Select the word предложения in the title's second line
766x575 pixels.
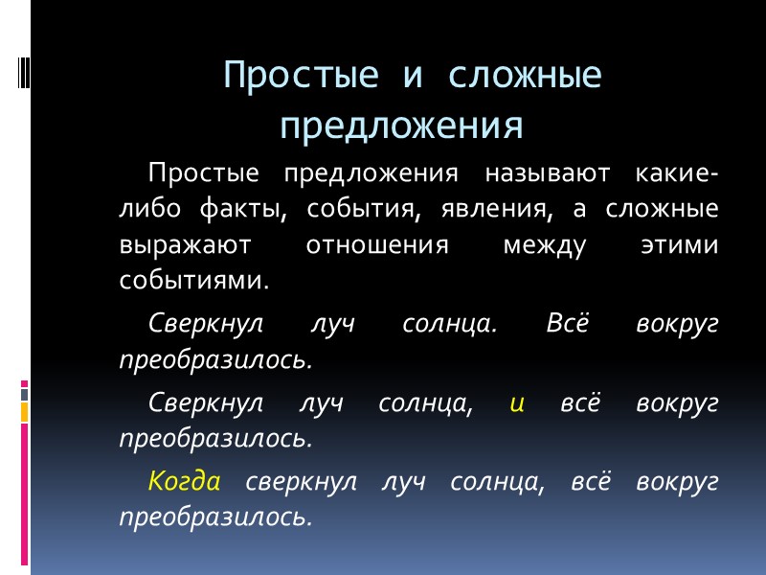pyautogui.click(x=402, y=126)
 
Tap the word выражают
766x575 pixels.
pyautogui.click(x=185, y=245)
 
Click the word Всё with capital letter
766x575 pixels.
pyautogui.click(x=566, y=324)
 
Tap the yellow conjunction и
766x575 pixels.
pyautogui.click(x=517, y=403)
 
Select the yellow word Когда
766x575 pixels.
pyautogui.click(x=185, y=482)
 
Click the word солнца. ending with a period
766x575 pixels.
pyautogui.click(x=450, y=324)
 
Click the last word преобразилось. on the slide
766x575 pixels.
pyautogui.click(x=215, y=517)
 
